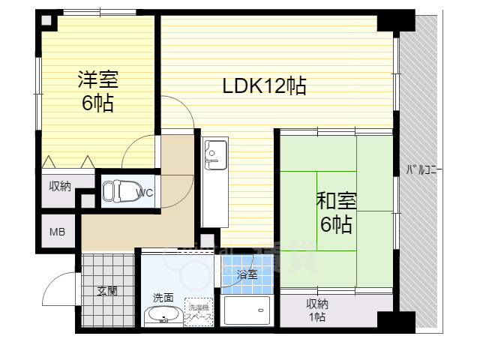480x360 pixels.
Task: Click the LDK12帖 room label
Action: click(264, 86)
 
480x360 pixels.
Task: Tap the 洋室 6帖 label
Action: click(97, 91)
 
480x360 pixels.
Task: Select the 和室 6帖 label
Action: click(336, 212)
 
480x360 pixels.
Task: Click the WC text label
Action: click(145, 193)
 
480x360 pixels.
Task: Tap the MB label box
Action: click(58, 232)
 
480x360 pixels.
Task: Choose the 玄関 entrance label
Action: click(106, 291)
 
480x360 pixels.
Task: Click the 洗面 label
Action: click(163, 298)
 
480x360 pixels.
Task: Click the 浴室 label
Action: click(247, 274)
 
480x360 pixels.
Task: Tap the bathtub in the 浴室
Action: click(247, 310)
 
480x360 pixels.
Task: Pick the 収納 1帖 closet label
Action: click(316, 309)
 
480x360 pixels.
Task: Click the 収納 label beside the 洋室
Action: click(61, 186)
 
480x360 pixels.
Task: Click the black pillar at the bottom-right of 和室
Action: click(394, 321)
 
